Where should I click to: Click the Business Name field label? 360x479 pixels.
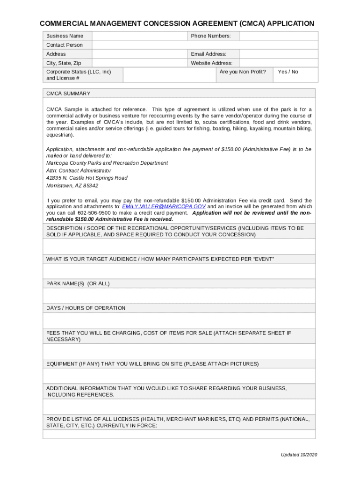click(65, 36)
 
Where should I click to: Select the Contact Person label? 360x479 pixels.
click(65, 45)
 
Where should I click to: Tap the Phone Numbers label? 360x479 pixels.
click(210, 36)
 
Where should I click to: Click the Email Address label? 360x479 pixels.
click(209, 54)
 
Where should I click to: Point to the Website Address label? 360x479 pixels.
click(211, 63)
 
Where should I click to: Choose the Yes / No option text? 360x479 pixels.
click(288, 72)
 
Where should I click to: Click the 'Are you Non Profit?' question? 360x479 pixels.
click(243, 72)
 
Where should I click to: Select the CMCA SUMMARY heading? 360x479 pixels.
click(68, 94)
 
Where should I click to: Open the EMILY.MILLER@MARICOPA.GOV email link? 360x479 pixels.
click(164, 206)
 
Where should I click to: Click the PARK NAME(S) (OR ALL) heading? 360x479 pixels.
click(78, 284)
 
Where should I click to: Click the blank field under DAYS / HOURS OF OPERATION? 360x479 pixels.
click(179, 320)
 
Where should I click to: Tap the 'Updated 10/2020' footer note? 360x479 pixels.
click(299, 455)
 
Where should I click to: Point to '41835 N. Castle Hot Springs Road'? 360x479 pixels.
click(86, 178)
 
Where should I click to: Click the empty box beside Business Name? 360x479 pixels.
click(139, 36)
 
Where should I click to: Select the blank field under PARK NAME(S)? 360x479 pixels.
click(179, 296)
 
